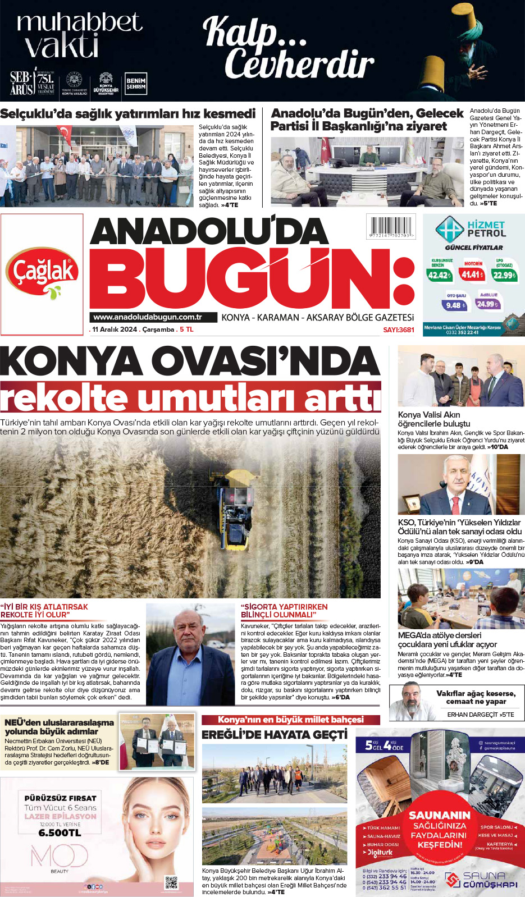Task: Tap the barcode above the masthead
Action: (391, 226)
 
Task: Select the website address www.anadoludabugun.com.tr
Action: (147, 317)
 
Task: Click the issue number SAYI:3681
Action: (399, 330)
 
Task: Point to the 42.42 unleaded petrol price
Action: (439, 275)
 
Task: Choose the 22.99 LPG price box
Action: (504, 275)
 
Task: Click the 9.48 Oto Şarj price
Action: (454, 305)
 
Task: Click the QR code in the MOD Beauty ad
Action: (171, 882)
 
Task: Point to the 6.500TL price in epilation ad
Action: (60, 833)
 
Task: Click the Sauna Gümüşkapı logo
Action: (481, 880)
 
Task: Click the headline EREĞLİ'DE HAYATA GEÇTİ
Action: (275, 735)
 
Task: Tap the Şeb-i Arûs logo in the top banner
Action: (22, 83)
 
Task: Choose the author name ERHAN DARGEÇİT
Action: (472, 715)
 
